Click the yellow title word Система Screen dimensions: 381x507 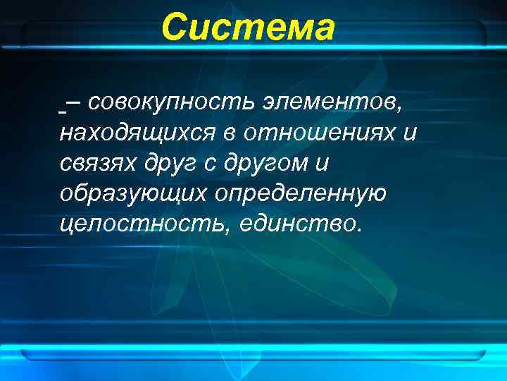(248, 28)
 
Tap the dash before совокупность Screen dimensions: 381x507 (73, 103)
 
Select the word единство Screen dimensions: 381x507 (299, 224)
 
